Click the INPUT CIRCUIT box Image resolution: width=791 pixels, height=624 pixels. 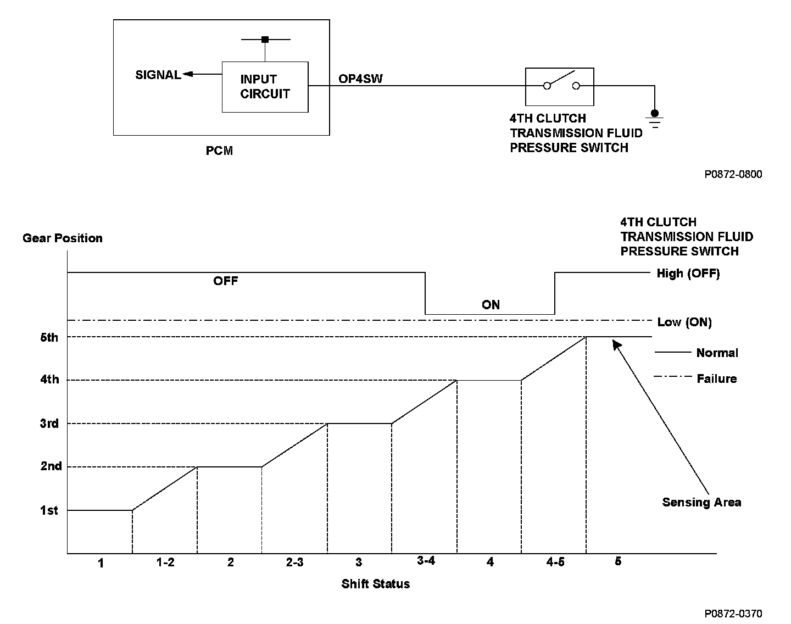[x=265, y=87]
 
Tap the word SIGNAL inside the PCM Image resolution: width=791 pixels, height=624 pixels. [x=158, y=75]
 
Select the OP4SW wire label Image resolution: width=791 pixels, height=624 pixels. [x=360, y=79]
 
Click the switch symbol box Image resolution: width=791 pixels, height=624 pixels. [x=559, y=86]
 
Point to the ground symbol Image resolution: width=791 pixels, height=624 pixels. [x=654, y=119]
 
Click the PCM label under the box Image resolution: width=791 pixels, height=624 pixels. [x=220, y=151]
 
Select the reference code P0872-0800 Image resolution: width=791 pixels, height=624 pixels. [x=733, y=174]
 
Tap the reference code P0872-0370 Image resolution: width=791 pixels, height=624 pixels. [x=733, y=613]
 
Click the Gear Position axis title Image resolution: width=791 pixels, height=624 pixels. [x=63, y=238]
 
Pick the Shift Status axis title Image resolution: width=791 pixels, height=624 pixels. [x=376, y=584]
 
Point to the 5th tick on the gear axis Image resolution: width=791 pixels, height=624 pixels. [x=49, y=337]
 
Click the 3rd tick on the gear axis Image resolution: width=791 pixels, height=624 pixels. [x=49, y=424]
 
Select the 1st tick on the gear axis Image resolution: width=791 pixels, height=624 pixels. [x=49, y=510]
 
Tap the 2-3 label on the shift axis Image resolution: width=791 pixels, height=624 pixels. [x=294, y=562]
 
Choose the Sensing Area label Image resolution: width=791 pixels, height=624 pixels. [x=701, y=502]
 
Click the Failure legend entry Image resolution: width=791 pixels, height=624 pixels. [x=716, y=378]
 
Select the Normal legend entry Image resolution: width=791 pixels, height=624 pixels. [x=717, y=353]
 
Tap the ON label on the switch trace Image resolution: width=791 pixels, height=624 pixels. [x=491, y=305]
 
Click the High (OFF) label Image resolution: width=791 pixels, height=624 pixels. [x=688, y=273]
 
